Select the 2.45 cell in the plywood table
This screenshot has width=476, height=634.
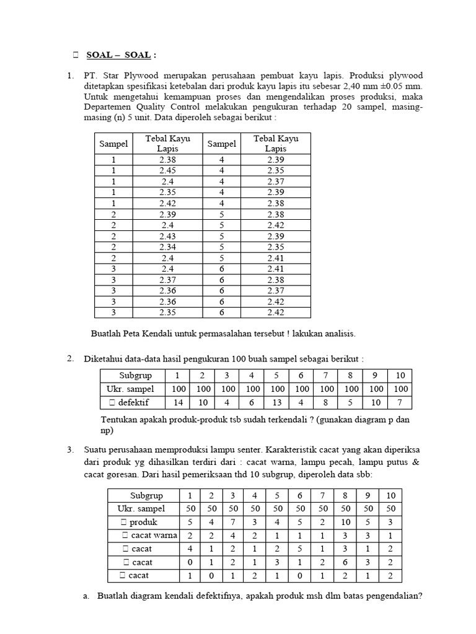tap(167, 170)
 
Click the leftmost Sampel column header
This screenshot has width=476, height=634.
tap(113, 144)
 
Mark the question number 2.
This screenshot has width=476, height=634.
tap(71, 358)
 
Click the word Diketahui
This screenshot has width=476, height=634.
tap(105, 359)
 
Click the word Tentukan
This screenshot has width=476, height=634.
tap(121, 420)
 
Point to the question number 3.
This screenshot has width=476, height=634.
tap(71, 449)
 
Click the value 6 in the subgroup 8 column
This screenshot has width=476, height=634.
tap(347, 562)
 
